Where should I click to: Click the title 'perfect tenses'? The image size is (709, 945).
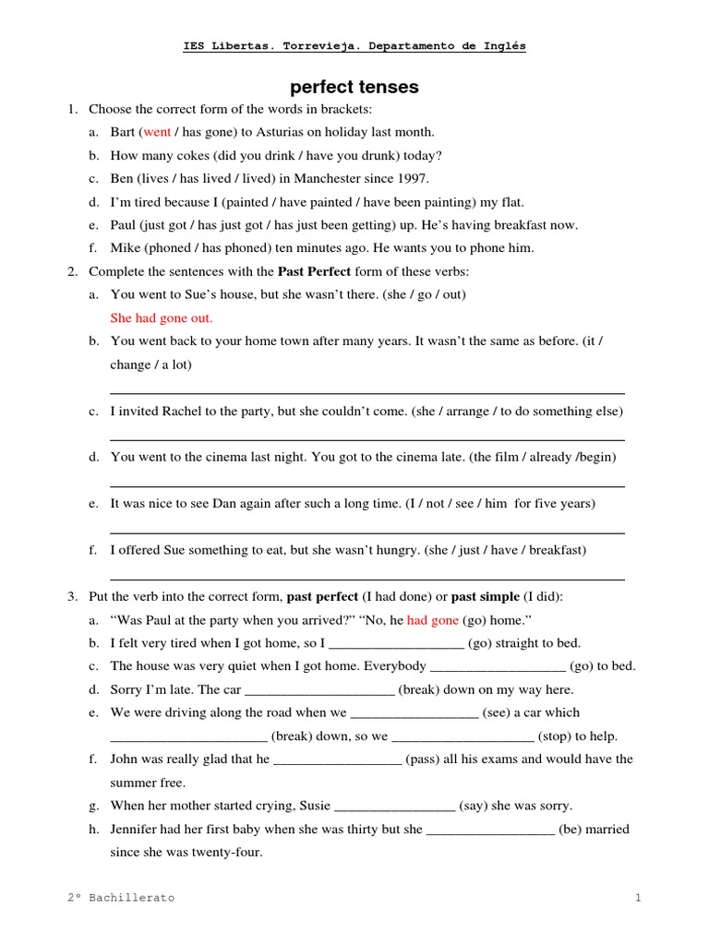(354, 88)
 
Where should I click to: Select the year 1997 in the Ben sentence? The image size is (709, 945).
(413, 178)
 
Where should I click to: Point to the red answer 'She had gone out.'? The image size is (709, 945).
(162, 317)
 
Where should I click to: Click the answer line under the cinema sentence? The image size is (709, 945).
(367, 485)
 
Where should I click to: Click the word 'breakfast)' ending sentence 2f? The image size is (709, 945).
(556, 549)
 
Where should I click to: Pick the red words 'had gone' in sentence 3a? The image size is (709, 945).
(433, 619)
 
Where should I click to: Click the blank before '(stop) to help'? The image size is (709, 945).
(463, 737)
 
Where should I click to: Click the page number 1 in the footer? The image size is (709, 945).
(637, 897)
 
